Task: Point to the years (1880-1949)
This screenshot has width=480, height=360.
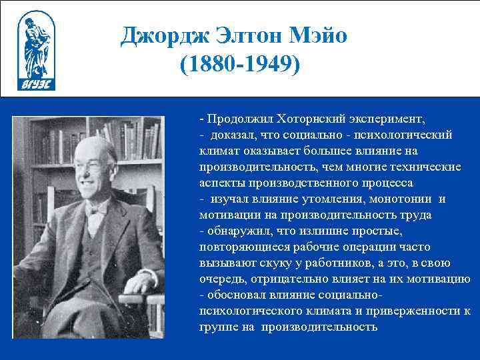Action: coord(241,65)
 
